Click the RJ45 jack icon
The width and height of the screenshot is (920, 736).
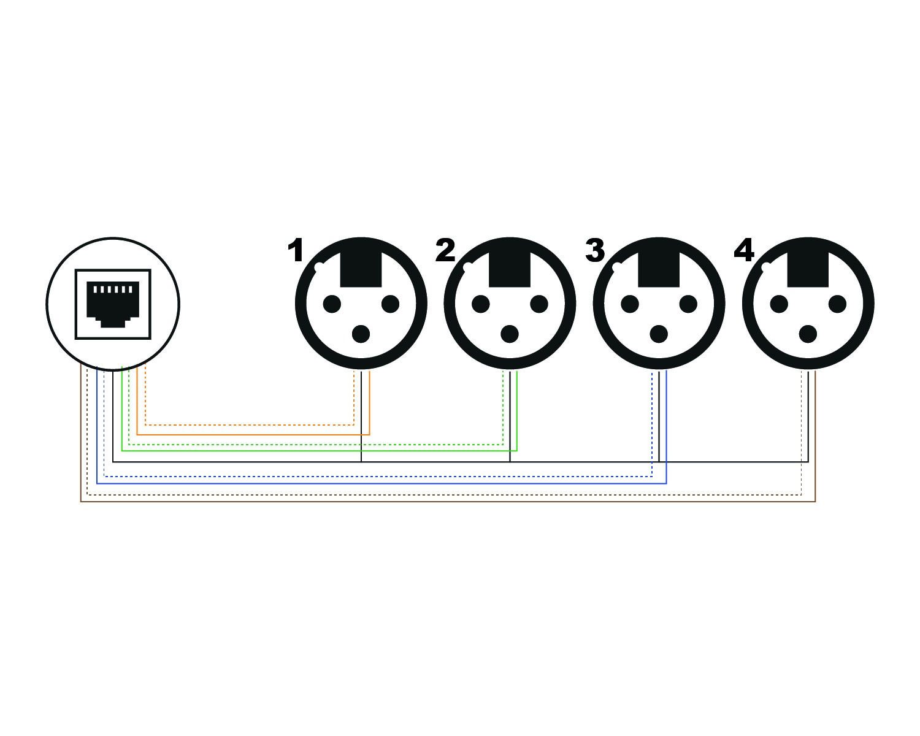pyautogui.click(x=113, y=304)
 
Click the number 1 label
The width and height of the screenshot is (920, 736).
pyautogui.click(x=296, y=251)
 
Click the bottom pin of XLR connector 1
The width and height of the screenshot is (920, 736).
pyautogui.click(x=361, y=334)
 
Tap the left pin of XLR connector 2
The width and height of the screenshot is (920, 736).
pyautogui.click(x=481, y=304)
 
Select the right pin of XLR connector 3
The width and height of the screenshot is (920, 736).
pyautogui.click(x=688, y=304)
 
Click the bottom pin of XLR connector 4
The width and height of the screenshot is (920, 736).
pyautogui.click(x=808, y=334)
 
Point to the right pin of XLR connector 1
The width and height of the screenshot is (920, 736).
pyautogui.click(x=390, y=304)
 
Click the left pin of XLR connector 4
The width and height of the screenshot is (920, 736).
pyautogui.click(x=779, y=304)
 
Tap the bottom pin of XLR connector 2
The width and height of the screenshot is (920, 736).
pyautogui.click(x=510, y=334)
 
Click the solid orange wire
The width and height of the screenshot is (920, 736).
pyautogui.click(x=245, y=434)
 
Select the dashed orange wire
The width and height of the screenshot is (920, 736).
pyautogui.click(x=245, y=424)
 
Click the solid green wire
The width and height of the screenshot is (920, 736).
pyautogui.click(x=307, y=450)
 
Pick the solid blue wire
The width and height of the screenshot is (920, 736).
pyautogui.click(x=368, y=483)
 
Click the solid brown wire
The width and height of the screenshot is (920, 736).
pyautogui.click(x=429, y=502)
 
